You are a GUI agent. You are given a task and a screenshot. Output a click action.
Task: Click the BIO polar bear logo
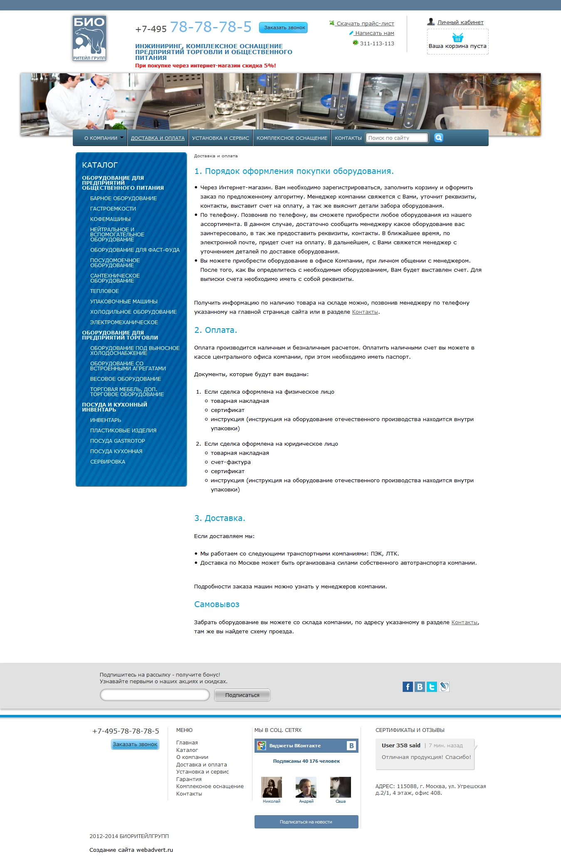(x=89, y=38)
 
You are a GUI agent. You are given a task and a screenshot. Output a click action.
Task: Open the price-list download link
(x=365, y=24)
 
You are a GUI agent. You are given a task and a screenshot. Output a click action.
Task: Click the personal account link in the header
(x=460, y=22)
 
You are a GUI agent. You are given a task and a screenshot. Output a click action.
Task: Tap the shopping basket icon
(x=457, y=38)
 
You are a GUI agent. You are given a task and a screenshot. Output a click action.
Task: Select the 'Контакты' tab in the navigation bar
(x=348, y=138)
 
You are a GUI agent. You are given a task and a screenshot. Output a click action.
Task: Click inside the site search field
(x=396, y=138)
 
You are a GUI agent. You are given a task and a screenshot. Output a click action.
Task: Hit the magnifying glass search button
(x=438, y=138)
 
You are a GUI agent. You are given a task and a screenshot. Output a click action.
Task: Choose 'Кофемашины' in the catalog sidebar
(x=110, y=219)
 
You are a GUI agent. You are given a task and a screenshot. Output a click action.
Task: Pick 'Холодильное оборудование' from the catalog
(x=133, y=312)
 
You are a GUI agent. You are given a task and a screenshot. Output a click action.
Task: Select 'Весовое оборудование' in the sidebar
(x=126, y=379)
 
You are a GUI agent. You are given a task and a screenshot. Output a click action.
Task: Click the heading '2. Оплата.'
(x=215, y=330)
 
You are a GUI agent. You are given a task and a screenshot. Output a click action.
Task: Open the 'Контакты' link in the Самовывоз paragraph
(x=464, y=622)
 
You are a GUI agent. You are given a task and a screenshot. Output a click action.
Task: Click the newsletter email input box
(x=155, y=695)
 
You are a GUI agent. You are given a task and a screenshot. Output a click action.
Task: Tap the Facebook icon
(x=408, y=687)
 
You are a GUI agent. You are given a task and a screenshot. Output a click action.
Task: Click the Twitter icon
(x=432, y=687)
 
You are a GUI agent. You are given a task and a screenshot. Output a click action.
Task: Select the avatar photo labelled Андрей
(x=306, y=787)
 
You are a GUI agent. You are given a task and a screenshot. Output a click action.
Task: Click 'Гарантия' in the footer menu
(x=189, y=779)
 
